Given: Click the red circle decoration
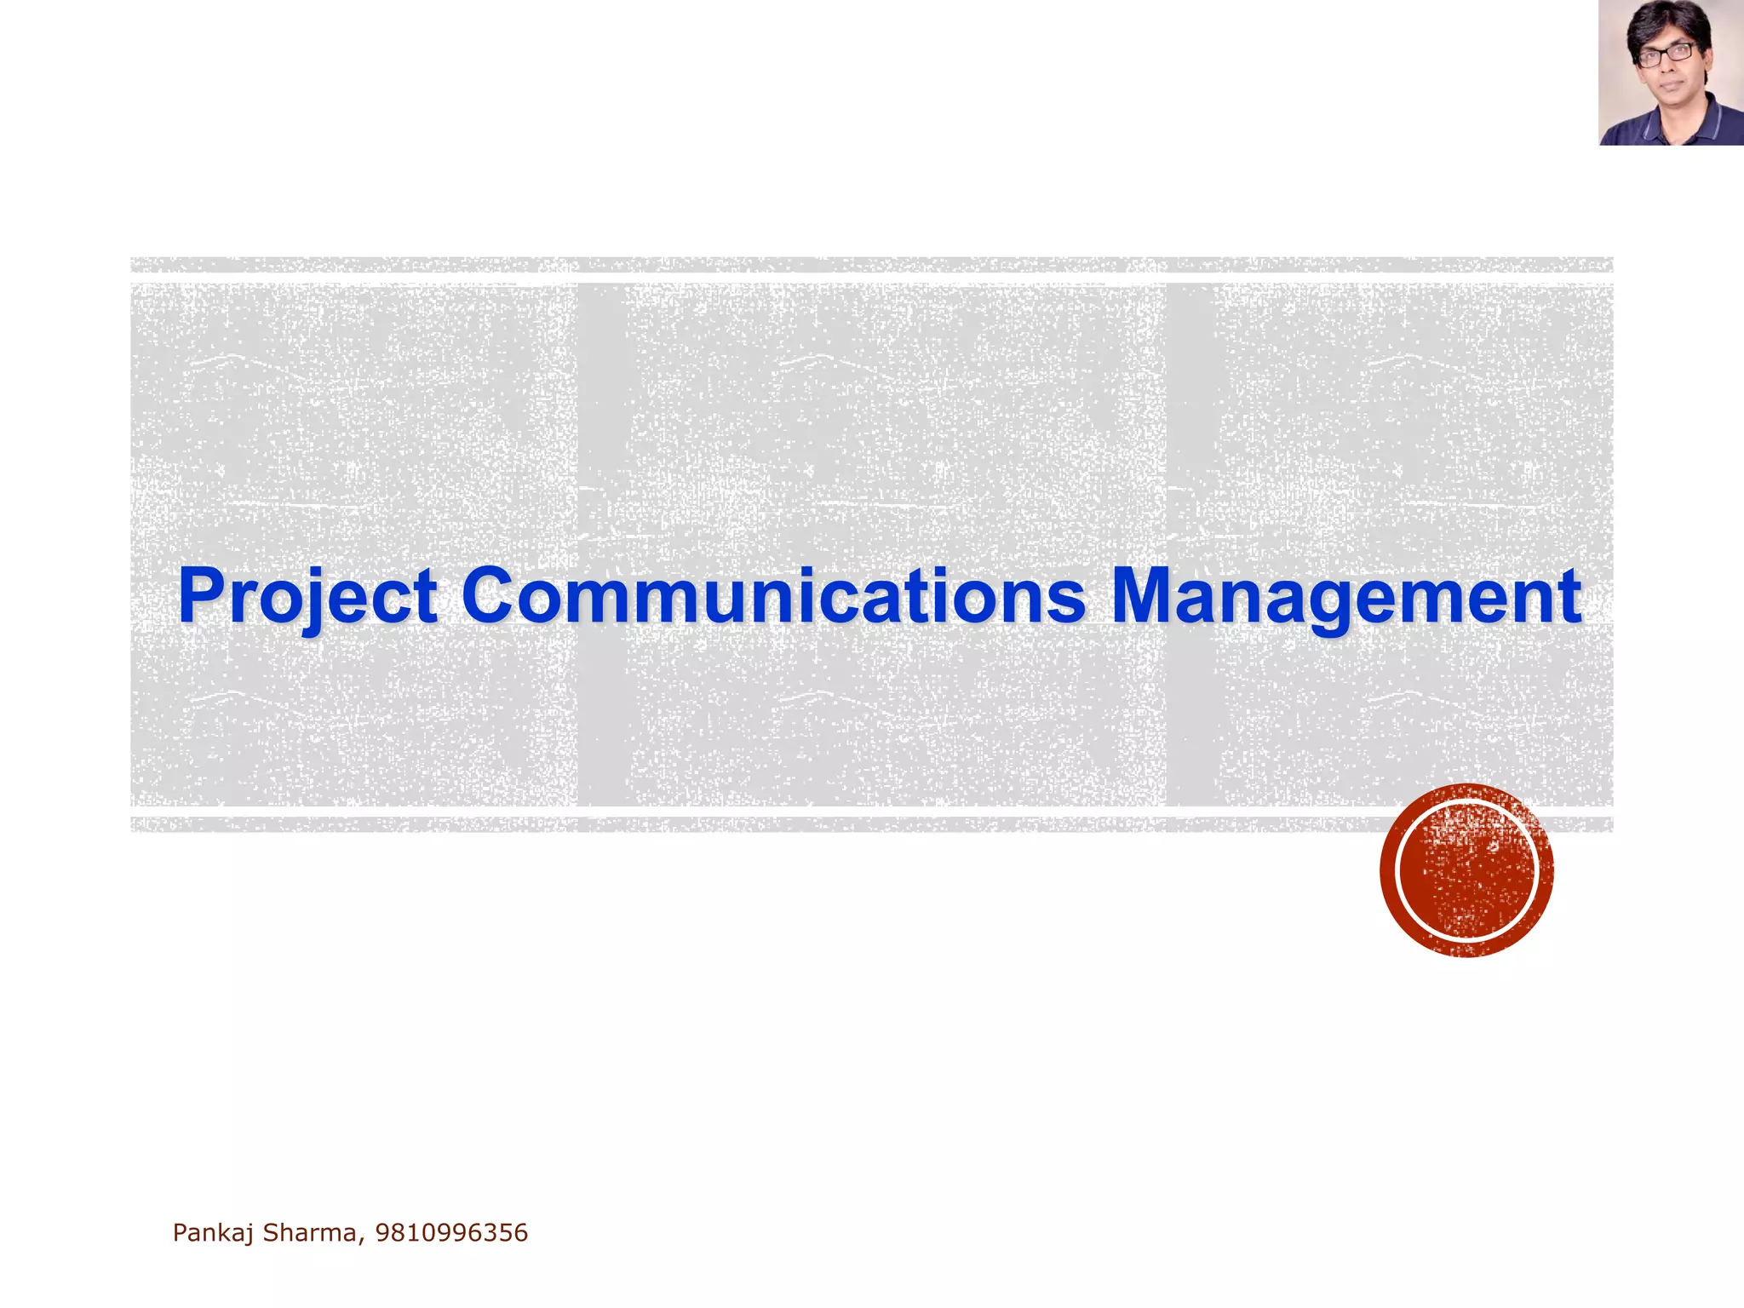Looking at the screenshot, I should click(x=1466, y=870).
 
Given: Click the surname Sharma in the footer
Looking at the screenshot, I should click(x=310, y=1233).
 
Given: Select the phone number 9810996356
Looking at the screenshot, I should click(x=451, y=1233).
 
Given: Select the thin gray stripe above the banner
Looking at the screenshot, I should click(x=872, y=265).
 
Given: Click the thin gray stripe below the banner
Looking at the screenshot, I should click(x=872, y=824).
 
